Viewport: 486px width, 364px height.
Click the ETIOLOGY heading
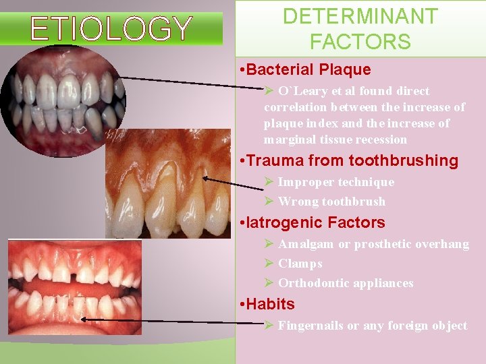coord(111,29)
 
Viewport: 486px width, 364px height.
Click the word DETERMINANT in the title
coord(360,16)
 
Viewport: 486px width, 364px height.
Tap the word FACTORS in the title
coord(360,42)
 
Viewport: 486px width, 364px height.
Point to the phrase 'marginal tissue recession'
coord(335,140)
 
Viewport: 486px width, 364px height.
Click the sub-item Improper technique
coord(335,182)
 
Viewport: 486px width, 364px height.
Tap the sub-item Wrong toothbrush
coord(331,202)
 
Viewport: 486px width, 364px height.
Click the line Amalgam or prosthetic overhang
coord(373,244)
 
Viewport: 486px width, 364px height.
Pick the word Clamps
coord(300,264)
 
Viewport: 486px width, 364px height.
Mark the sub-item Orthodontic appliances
coord(345,283)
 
